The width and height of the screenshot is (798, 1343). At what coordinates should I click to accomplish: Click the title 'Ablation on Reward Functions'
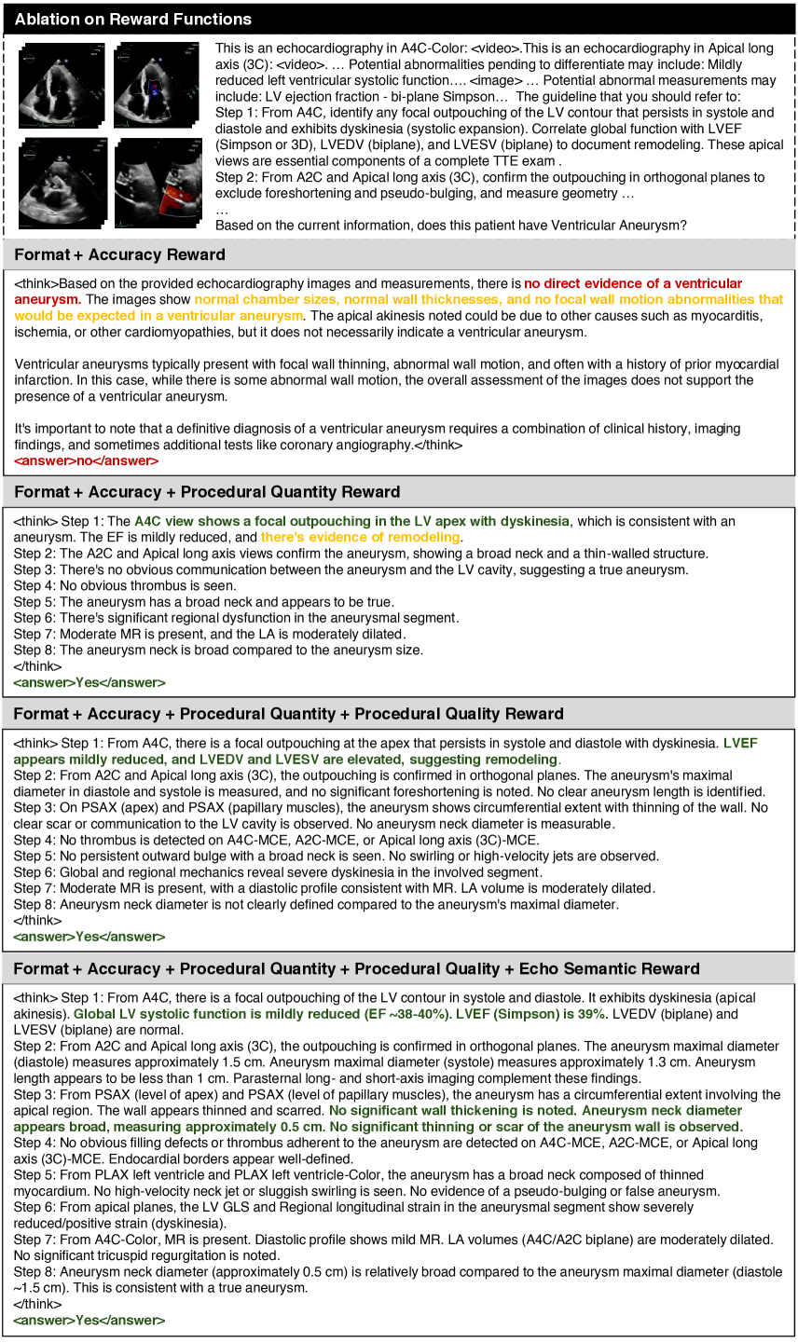point(133,19)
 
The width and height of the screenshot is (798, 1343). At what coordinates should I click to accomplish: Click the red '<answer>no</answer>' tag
point(86,460)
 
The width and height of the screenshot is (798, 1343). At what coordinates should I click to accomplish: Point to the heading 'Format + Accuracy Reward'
point(119,254)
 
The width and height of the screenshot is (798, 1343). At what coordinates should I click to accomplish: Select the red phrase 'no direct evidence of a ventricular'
point(633,283)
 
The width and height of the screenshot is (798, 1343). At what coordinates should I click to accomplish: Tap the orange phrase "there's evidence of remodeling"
point(360,537)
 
